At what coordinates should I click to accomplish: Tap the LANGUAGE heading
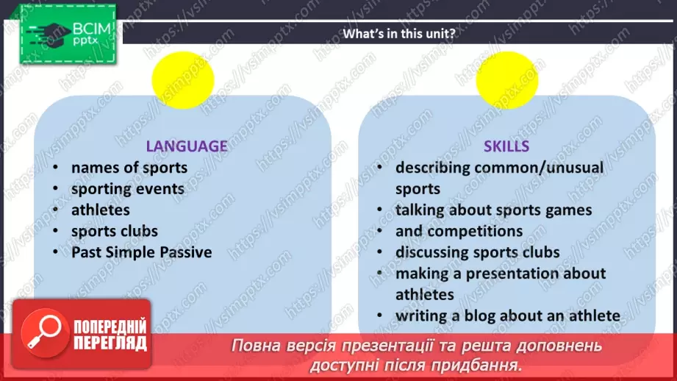tap(186, 146)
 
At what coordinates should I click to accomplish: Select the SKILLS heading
tap(506, 146)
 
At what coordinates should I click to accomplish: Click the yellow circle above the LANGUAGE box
tap(183, 79)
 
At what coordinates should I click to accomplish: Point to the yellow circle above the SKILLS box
tap(507, 79)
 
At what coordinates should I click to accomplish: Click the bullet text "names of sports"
tap(129, 168)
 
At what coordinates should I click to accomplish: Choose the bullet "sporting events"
tap(128, 189)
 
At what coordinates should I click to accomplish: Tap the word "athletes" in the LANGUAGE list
tap(101, 210)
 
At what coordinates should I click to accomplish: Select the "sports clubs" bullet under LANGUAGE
tap(115, 231)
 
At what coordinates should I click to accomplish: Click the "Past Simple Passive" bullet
tap(142, 252)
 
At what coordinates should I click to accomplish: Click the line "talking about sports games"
tap(493, 210)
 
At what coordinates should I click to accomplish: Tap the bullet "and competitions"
tap(459, 231)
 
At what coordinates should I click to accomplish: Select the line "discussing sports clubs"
tap(478, 252)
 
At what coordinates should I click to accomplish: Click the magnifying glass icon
tap(42, 331)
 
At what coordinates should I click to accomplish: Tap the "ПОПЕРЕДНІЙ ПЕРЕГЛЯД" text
tap(110, 335)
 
